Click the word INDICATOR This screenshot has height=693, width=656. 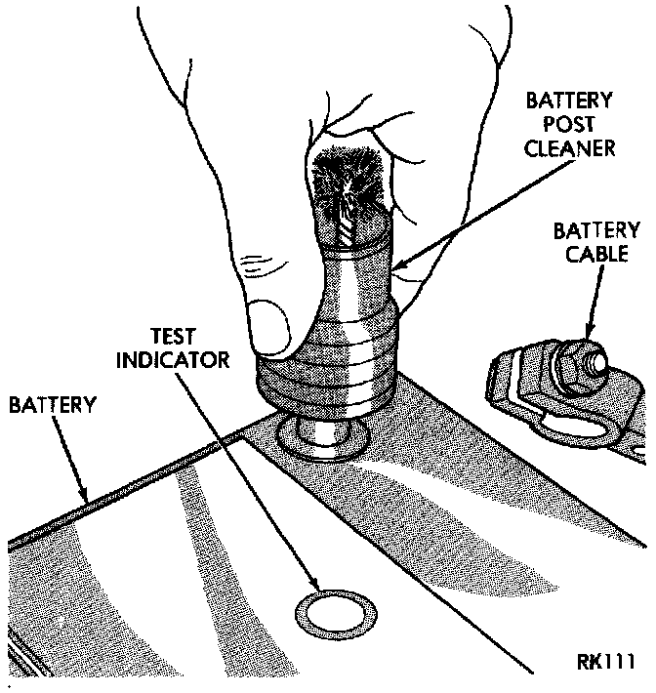pos(173,359)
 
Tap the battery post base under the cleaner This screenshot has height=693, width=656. pos(323,435)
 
